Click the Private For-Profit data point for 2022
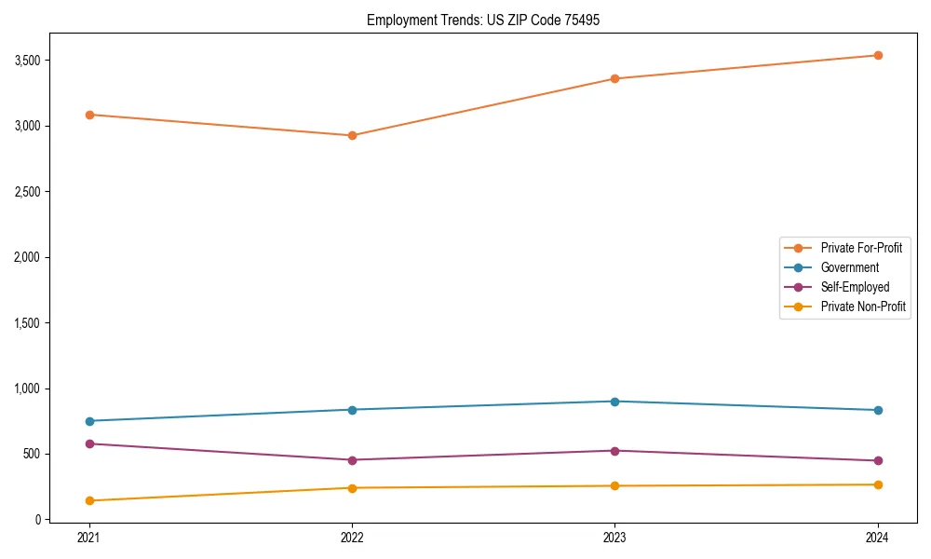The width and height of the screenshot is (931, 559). coord(352,135)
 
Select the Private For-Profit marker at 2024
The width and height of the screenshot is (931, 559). coord(878,55)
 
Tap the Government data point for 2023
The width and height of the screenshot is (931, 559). coord(614,402)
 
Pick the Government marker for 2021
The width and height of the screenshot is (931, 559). coord(89,421)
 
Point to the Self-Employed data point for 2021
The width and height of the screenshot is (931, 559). coord(89,443)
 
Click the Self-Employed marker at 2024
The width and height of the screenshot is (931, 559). coord(878,460)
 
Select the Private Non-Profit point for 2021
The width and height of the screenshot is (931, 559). coord(89,500)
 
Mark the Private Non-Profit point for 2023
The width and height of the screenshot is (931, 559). coord(614,485)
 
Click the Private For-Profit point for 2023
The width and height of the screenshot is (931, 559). coord(614,78)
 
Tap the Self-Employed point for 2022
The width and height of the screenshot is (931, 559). coord(352,459)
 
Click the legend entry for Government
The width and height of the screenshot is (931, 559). coord(849,267)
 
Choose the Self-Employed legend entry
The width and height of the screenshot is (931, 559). coord(855,287)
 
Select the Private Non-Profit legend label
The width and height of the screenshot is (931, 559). coord(863,307)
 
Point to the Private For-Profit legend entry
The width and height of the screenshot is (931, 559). coord(861,248)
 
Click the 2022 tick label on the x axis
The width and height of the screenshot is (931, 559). coord(352,538)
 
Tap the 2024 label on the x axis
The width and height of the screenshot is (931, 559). coord(878,538)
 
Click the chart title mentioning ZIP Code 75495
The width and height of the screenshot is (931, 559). coord(477,20)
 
